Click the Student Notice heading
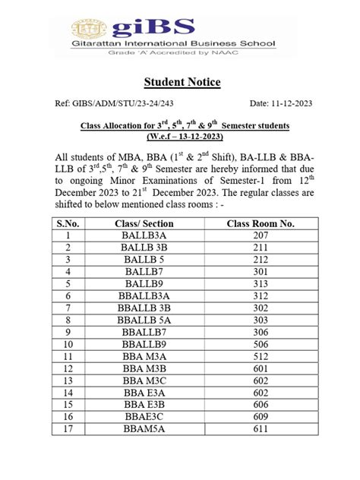pos(179,81)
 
